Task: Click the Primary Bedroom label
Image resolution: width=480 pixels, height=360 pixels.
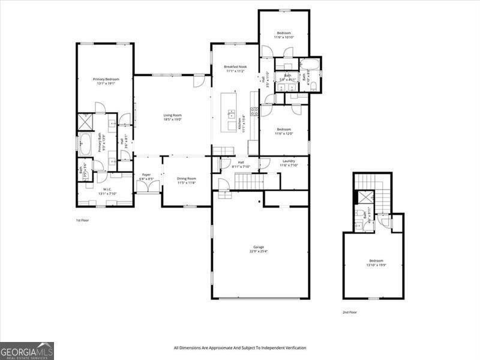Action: click(105, 79)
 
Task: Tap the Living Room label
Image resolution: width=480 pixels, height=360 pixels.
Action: click(173, 115)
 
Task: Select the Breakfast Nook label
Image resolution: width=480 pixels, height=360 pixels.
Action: click(236, 67)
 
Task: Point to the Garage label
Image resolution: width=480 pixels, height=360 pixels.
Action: click(259, 247)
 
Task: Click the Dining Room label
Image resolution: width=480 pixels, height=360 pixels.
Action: click(187, 178)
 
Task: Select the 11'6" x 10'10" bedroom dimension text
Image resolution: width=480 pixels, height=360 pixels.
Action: click(284, 38)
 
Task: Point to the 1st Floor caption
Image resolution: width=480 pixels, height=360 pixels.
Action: click(82, 221)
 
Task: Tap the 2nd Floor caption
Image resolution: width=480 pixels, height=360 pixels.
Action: click(349, 313)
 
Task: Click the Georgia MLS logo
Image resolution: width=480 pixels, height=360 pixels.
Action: click(27, 350)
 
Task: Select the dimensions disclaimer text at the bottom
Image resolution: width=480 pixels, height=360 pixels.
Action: click(240, 348)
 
